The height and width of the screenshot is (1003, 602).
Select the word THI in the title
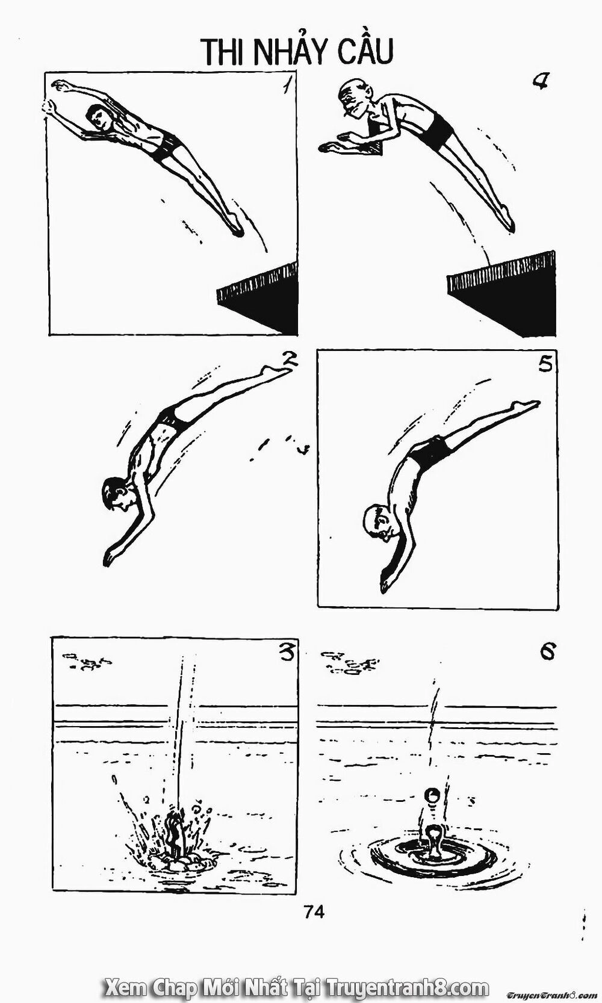point(223,52)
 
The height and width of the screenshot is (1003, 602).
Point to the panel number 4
point(541,82)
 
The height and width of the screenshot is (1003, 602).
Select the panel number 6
point(547,651)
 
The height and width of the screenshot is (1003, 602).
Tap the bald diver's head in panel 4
point(352,99)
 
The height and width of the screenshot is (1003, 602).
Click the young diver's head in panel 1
point(99,117)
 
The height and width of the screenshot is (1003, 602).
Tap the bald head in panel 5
point(378,521)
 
